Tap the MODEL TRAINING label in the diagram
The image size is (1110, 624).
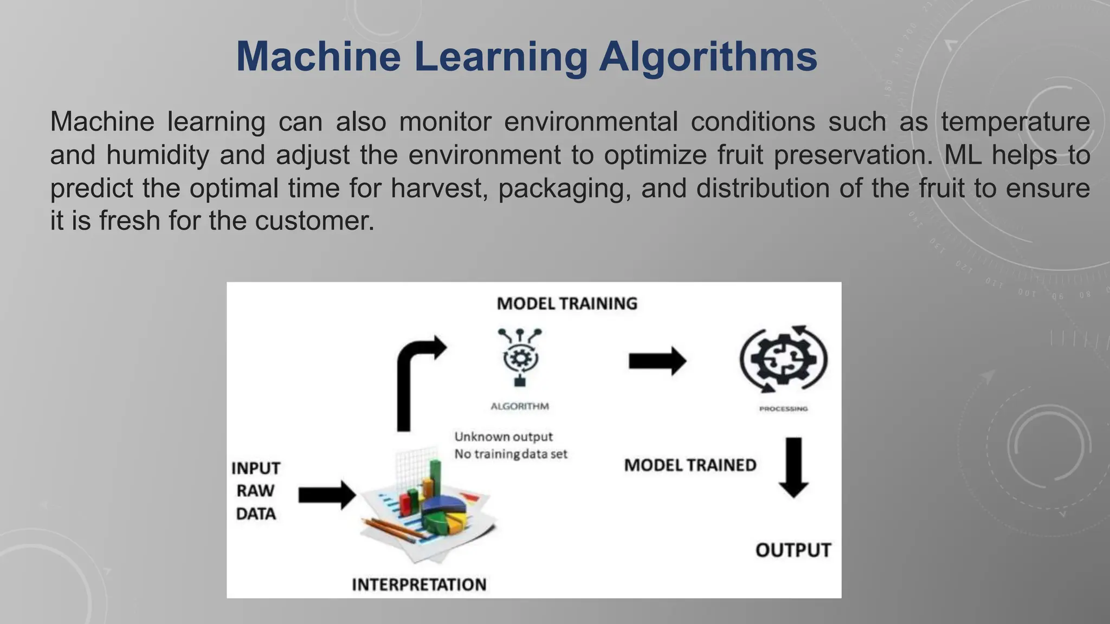click(x=567, y=303)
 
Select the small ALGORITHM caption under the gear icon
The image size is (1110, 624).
click(x=520, y=406)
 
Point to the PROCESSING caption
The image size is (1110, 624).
click(x=783, y=409)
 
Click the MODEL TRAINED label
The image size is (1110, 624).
click(x=690, y=465)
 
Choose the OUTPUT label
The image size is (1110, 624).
click(x=793, y=550)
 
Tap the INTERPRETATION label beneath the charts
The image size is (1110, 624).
click(x=419, y=584)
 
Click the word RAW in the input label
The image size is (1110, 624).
click(x=255, y=491)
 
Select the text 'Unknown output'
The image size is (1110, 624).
click(x=504, y=437)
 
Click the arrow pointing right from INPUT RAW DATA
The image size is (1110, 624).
click(x=327, y=495)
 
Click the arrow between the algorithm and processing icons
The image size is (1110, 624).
click(x=657, y=361)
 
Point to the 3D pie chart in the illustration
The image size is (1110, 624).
click(x=444, y=512)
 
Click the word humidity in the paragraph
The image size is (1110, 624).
click(x=157, y=155)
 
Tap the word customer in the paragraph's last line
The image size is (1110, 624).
click(x=314, y=221)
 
